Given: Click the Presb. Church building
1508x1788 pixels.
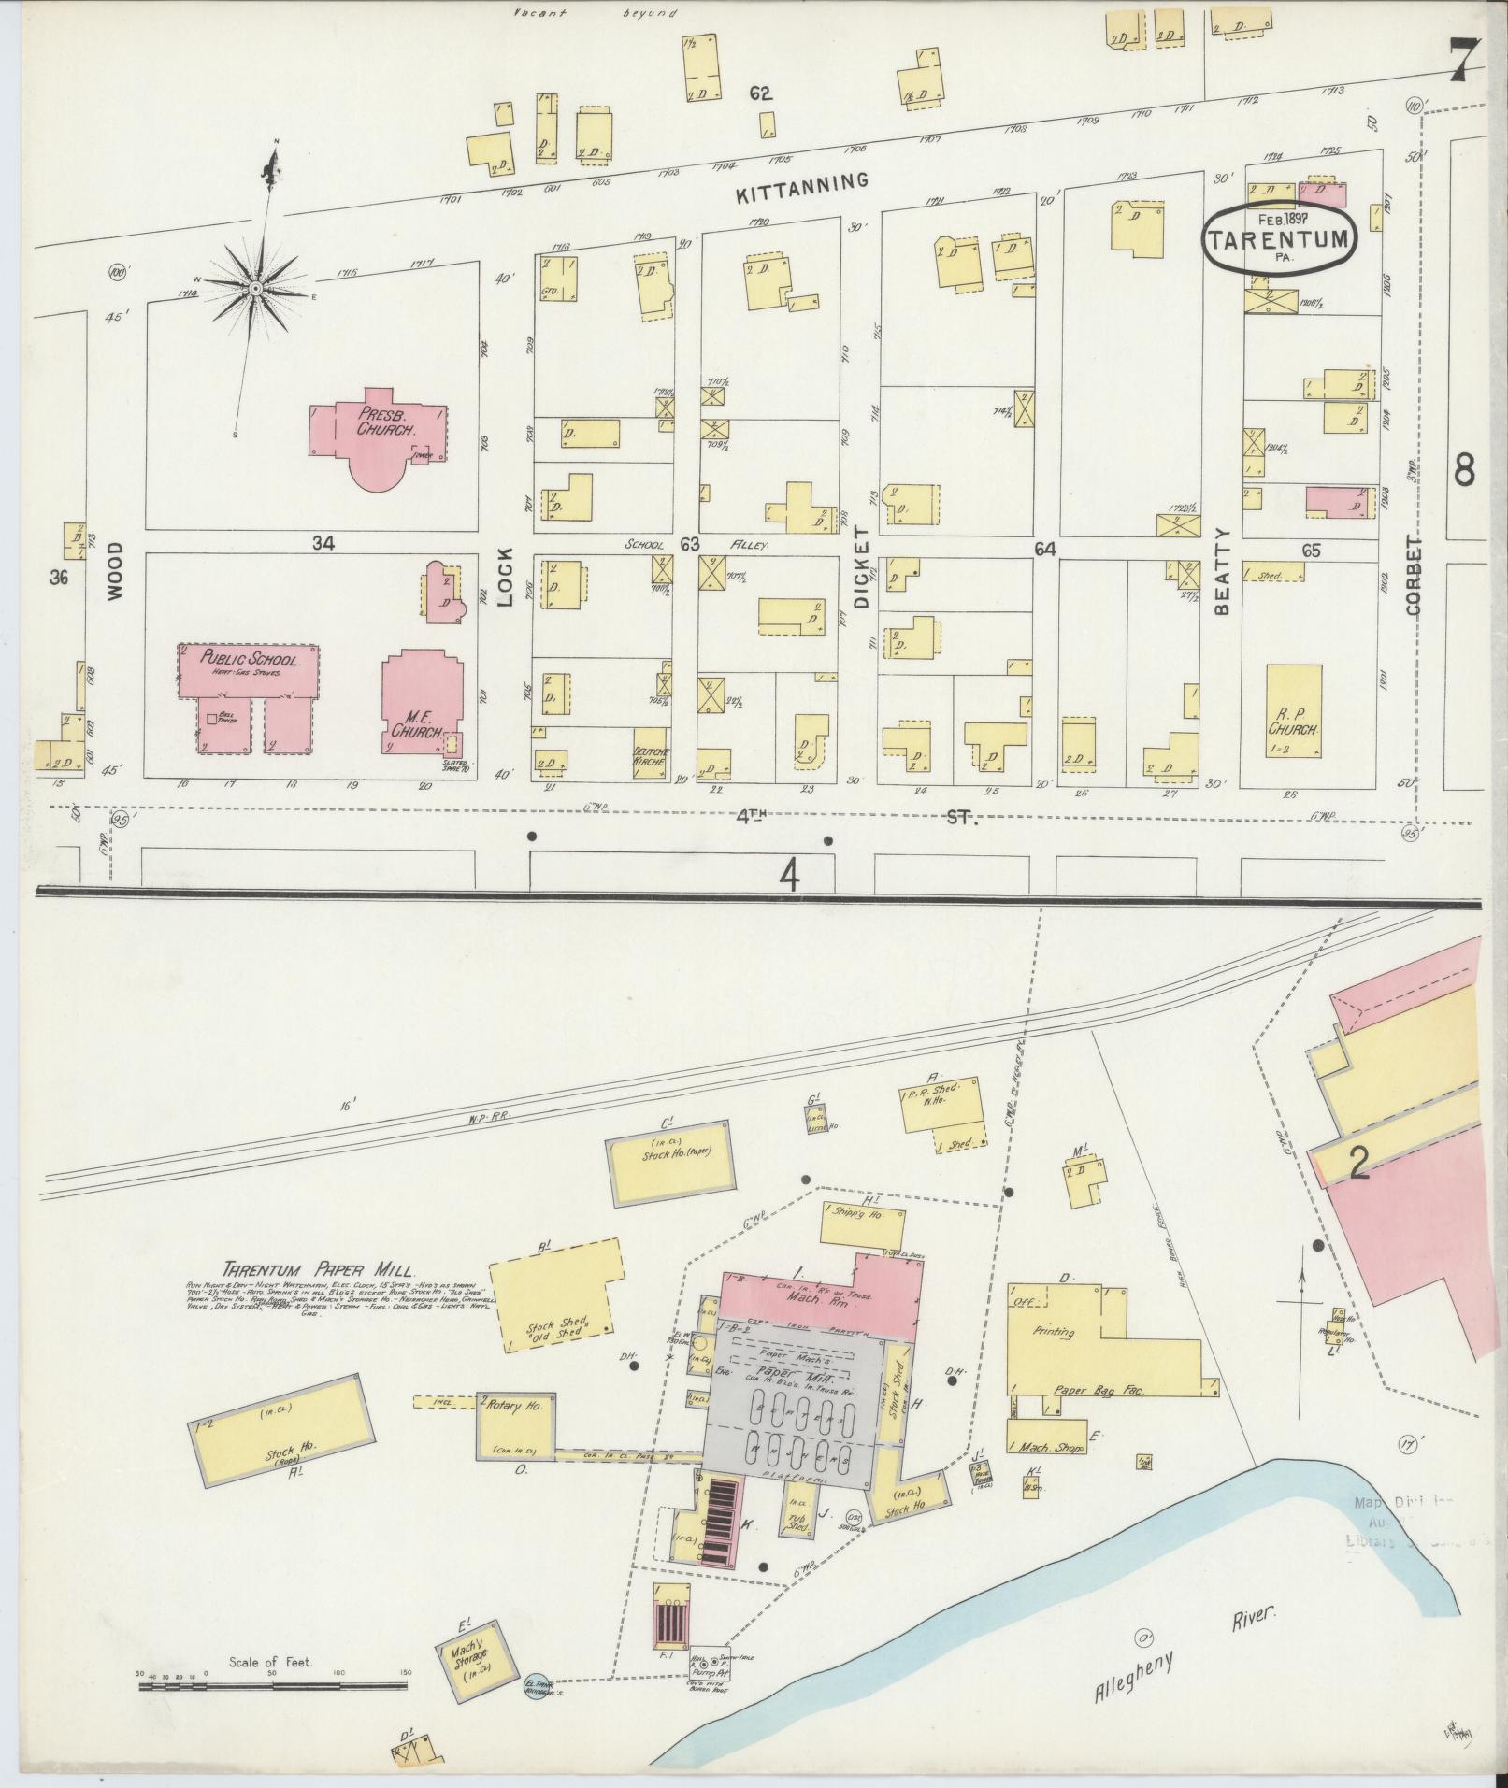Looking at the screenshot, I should tap(379, 430).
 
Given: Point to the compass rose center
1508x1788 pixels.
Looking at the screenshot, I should tap(253, 291).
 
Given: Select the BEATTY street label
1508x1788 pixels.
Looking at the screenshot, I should tap(1222, 570).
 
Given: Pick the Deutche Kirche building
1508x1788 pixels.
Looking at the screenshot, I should tap(653, 754).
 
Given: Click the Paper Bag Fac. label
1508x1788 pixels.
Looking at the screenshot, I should tap(1099, 1390).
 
